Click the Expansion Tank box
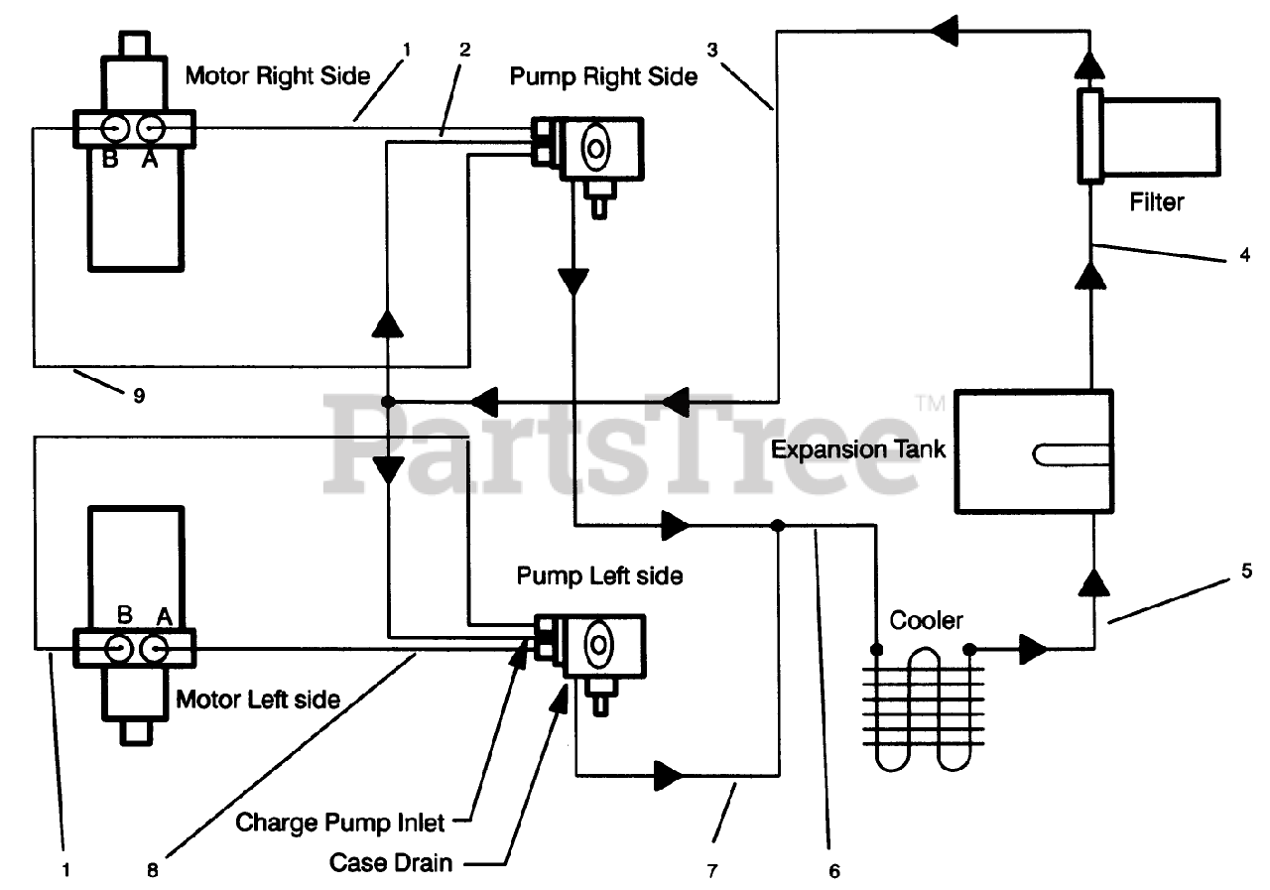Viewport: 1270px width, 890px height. pos(1032,451)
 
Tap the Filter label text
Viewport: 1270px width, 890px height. pos(1157,202)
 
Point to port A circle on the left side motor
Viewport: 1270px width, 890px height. pos(154,648)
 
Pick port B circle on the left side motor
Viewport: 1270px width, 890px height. pos(118,648)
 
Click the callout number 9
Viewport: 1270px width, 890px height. pos(139,396)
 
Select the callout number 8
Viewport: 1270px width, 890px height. pos(151,871)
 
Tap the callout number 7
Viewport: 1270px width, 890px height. pos(710,871)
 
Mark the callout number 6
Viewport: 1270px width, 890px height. pos(833,871)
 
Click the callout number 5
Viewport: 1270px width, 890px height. pos(1245,572)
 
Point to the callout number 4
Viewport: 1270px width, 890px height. pos(1244,255)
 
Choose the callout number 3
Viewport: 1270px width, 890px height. pos(711,47)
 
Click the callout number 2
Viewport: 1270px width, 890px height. pos(465,47)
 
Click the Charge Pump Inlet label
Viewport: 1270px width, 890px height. pos(340,823)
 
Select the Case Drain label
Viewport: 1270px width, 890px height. pos(391,862)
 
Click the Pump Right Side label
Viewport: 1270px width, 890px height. pos(603,76)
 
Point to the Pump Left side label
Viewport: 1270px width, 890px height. pos(599,575)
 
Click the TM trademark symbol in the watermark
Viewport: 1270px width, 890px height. pos(930,403)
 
